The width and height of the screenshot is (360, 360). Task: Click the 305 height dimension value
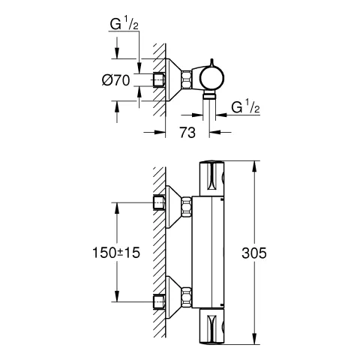(x=254, y=253)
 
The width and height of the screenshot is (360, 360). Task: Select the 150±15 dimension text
(x=116, y=253)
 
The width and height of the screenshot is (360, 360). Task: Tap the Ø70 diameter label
(x=116, y=80)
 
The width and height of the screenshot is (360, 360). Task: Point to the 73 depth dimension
(x=187, y=133)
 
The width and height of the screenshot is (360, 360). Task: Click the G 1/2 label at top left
(x=124, y=25)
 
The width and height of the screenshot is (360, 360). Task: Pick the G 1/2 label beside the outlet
(x=245, y=107)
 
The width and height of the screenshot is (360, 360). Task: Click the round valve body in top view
(x=211, y=78)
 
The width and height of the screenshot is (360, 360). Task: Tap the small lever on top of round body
(x=212, y=62)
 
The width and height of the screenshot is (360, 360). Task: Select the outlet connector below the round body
(x=209, y=95)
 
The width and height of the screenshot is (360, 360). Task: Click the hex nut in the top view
(x=187, y=79)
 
